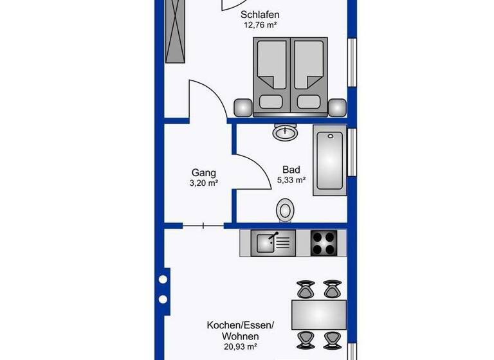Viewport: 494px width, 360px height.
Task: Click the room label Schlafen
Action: click(261, 15)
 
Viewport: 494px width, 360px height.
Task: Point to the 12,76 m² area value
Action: click(261, 26)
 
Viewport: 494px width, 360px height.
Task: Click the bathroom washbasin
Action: click(284, 132)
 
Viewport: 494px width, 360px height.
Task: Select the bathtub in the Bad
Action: click(330, 161)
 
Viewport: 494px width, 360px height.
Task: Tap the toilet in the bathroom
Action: click(285, 209)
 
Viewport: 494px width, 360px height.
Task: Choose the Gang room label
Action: click(203, 172)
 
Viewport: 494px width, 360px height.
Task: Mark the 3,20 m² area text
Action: click(203, 183)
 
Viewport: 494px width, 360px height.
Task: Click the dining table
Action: click(320, 314)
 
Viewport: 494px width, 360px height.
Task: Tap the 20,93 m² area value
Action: click(241, 348)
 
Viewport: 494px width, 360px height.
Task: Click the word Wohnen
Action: click(241, 336)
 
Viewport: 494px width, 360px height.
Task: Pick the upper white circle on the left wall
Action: click(163, 280)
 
